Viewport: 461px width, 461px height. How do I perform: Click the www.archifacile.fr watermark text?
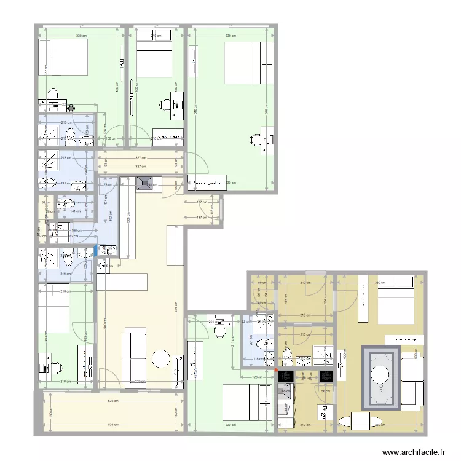[x=414, y=452]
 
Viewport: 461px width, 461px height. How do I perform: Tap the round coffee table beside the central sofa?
[x=161, y=358]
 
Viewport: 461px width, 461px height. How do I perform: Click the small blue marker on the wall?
[x=95, y=250]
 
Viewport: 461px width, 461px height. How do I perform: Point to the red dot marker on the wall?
[x=275, y=370]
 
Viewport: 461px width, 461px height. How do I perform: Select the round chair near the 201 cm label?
[x=219, y=331]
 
